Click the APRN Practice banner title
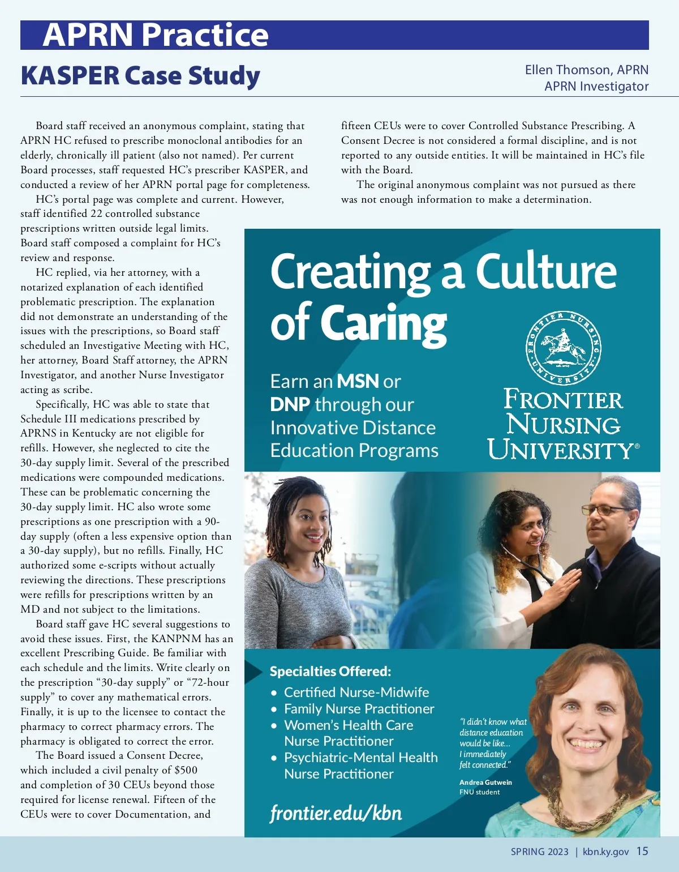[x=156, y=35]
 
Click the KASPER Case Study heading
[x=140, y=76]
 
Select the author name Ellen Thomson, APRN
[x=586, y=70]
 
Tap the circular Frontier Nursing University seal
[x=564, y=348]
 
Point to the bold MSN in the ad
[x=358, y=382]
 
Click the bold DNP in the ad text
[x=290, y=404]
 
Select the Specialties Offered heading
[x=330, y=672]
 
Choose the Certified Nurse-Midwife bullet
[x=356, y=692]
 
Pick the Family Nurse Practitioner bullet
[x=359, y=708]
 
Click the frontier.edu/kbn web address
[x=336, y=813]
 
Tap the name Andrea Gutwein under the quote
[x=485, y=782]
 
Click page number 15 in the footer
[x=642, y=851]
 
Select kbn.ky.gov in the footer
[x=605, y=852]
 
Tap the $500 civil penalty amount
[x=186, y=770]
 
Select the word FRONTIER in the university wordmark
[x=563, y=400]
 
